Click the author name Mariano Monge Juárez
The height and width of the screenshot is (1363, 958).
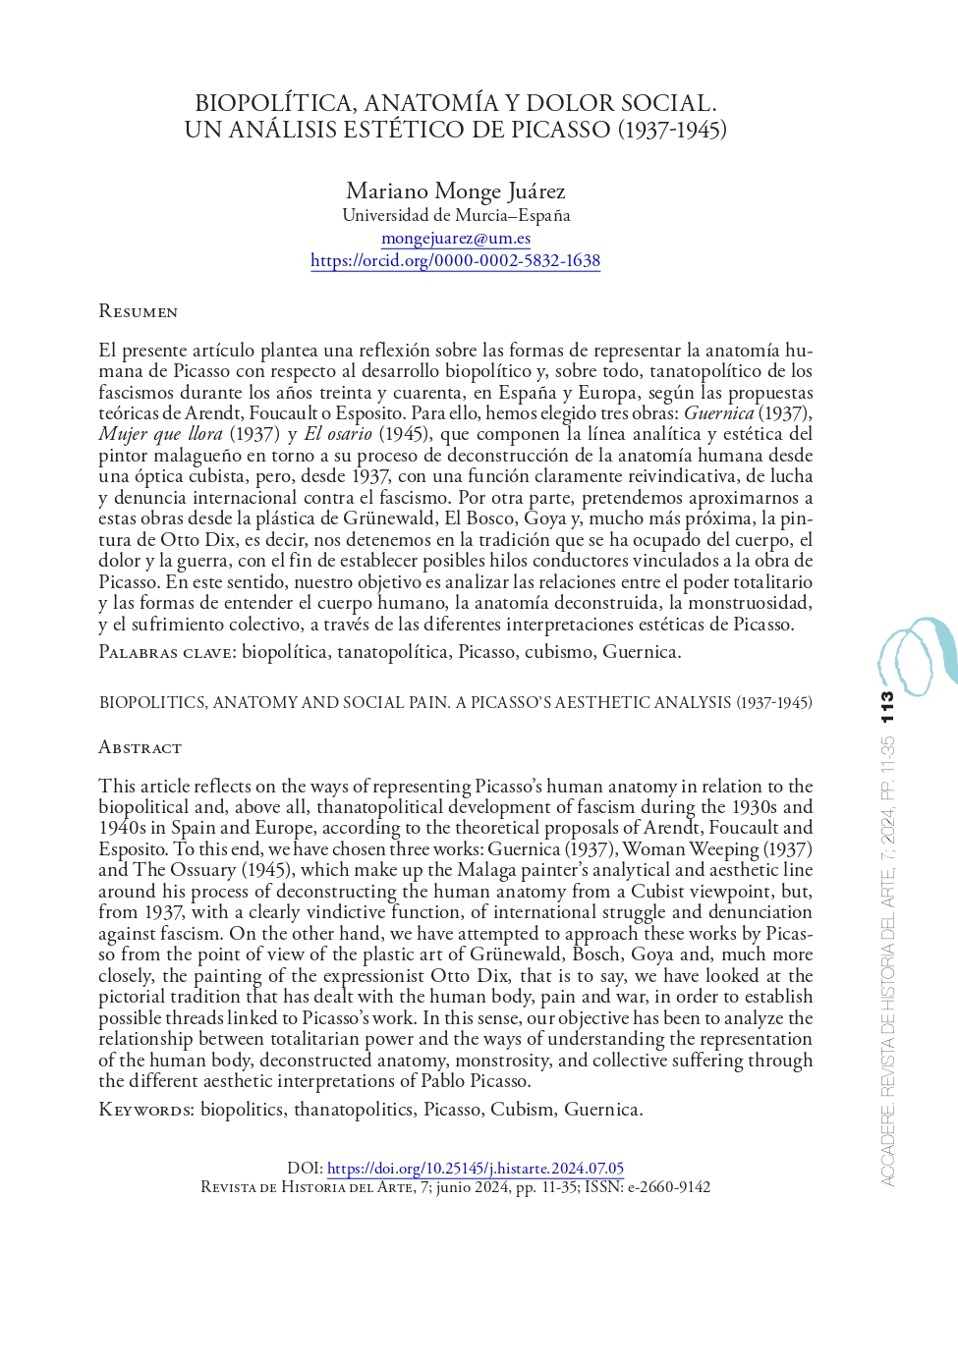(x=455, y=191)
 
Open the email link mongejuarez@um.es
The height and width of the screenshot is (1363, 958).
(x=456, y=238)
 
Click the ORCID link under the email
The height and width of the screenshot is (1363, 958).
(x=455, y=260)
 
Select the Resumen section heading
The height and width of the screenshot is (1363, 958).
(x=138, y=311)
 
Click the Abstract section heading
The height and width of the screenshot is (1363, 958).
(x=140, y=747)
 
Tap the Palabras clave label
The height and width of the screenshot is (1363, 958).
(x=166, y=652)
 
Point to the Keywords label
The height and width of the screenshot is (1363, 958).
(x=146, y=1110)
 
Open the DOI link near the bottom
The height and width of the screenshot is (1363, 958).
(x=475, y=1169)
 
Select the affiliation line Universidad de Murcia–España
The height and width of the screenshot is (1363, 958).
(x=456, y=215)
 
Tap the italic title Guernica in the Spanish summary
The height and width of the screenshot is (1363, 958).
(x=718, y=413)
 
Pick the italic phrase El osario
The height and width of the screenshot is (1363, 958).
(x=338, y=434)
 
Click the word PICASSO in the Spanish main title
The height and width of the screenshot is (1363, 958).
(x=560, y=130)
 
